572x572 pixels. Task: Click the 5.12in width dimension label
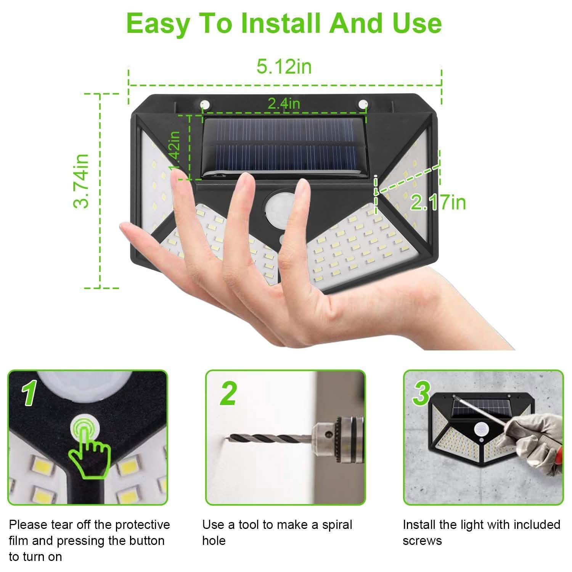[x=284, y=66]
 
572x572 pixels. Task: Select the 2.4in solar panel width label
[x=284, y=103]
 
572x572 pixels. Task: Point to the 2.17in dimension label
[x=438, y=202]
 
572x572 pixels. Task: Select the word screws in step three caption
[x=422, y=541]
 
